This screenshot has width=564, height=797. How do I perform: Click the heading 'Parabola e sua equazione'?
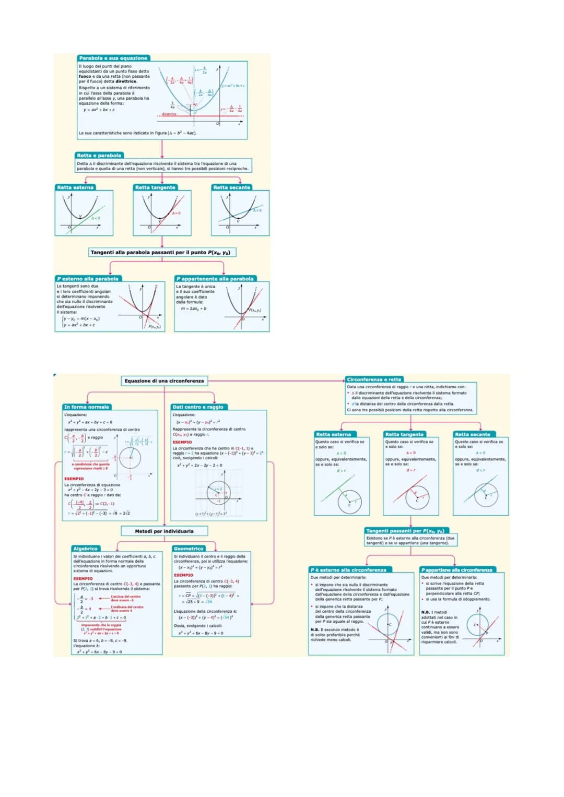[113, 58]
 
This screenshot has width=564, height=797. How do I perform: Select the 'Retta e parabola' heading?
[99, 156]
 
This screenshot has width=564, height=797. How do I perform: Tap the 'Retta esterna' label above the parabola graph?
[75, 187]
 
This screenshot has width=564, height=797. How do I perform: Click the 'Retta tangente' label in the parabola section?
[155, 187]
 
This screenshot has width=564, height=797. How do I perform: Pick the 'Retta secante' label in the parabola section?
[231, 187]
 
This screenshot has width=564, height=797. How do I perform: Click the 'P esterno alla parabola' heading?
[88, 279]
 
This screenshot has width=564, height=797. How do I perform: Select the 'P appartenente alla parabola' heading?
[215, 279]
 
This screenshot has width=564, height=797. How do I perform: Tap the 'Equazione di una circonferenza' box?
[164, 381]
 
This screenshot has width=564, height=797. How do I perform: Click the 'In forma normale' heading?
[87, 407]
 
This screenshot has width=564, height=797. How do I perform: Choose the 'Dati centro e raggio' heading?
[198, 407]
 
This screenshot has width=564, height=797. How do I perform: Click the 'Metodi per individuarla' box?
[164, 531]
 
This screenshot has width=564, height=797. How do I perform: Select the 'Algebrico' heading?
[86, 549]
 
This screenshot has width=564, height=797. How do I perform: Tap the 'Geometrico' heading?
[189, 549]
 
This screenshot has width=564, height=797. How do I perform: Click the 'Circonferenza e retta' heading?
[374, 379]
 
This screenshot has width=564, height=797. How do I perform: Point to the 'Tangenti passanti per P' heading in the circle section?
[405, 531]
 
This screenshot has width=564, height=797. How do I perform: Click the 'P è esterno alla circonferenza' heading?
[348, 570]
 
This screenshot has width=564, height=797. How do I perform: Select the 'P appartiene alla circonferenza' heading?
[457, 570]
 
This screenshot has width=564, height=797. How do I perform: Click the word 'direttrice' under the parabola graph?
[169, 114]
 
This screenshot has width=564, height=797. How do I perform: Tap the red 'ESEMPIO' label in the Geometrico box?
[183, 575]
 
